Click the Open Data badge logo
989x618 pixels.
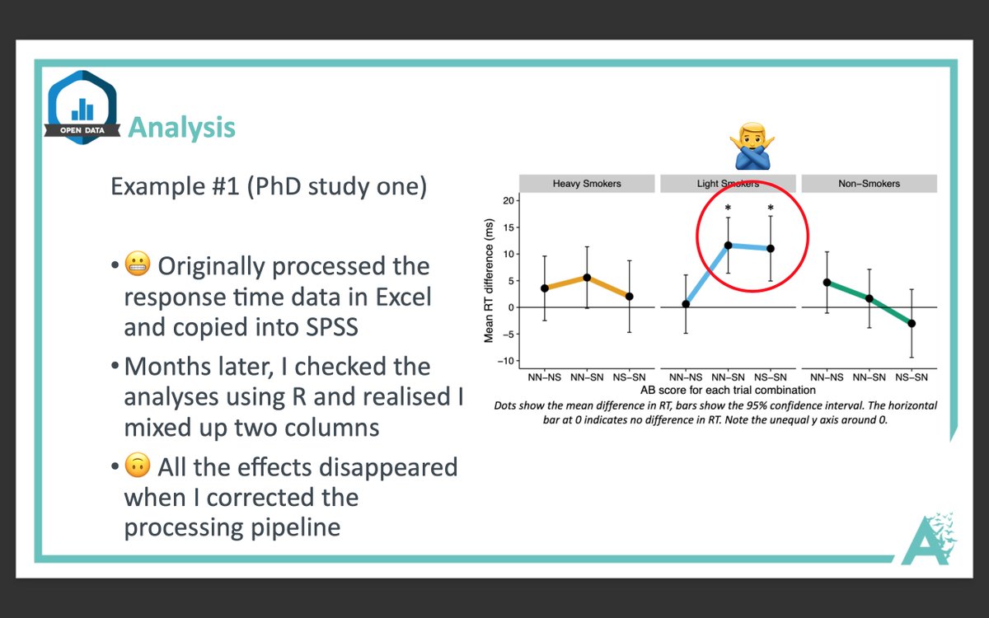tap(82, 107)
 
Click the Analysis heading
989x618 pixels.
tap(181, 128)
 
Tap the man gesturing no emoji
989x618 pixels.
tap(752, 146)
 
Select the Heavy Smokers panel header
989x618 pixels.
tap(587, 184)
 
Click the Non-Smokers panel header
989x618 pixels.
tap(869, 184)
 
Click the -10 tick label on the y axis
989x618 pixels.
tap(506, 361)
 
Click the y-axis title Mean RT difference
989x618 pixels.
tap(489, 280)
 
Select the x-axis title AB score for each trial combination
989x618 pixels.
tap(728, 391)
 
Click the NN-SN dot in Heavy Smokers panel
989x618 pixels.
tap(587, 278)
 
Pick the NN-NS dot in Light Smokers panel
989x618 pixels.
tap(686, 304)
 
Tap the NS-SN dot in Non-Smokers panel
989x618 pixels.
tap(912, 324)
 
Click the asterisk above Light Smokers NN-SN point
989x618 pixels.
tap(728, 208)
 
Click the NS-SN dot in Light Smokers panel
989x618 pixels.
tap(771, 249)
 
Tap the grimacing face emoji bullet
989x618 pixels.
tap(138, 264)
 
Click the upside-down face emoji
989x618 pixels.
tap(138, 465)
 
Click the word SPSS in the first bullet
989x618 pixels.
tap(331, 327)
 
